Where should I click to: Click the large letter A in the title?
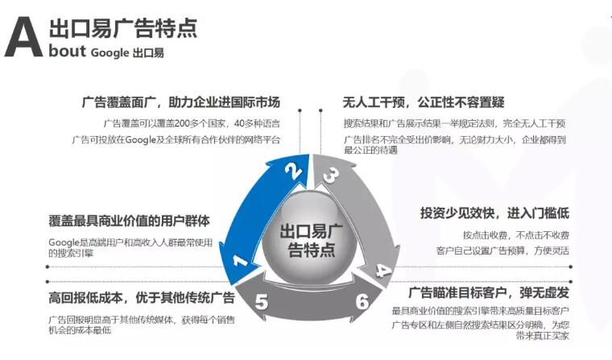[23, 37]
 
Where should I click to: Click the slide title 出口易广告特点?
[123, 27]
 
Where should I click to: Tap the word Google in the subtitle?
[110, 52]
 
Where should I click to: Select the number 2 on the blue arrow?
[293, 171]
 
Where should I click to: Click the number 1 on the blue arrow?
[240, 260]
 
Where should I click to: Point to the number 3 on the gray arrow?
[332, 175]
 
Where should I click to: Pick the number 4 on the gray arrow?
[382, 270]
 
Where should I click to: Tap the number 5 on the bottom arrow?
[262, 302]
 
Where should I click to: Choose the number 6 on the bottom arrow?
[362, 301]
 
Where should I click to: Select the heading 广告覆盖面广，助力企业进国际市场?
[181, 102]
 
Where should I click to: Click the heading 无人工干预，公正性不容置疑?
[424, 102]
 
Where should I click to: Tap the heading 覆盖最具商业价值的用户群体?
[129, 221]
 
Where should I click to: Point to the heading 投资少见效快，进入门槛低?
[494, 213]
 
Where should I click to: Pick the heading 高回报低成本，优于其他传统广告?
[141, 298]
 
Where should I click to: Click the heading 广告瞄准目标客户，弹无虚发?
[489, 292]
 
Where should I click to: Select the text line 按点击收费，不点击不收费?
[516, 235]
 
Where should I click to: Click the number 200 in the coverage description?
[182, 124]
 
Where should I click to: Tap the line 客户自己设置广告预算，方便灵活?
[502, 250]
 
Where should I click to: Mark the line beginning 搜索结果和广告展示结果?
[454, 124]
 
